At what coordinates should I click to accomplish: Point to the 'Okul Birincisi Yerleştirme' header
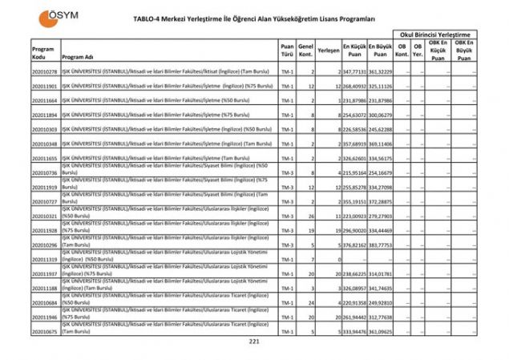436,34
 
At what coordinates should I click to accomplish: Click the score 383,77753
380,245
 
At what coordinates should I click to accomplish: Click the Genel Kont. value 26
310,216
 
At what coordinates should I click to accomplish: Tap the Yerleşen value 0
339,260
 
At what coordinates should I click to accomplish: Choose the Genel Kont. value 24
310,303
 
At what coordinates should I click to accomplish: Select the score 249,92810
380,303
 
